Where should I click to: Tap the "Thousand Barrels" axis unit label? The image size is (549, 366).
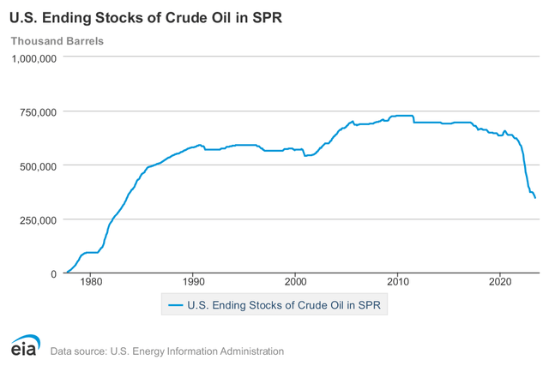pos(56,41)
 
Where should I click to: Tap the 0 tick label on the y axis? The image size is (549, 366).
pos(53,273)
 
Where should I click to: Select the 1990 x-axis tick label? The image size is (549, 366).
pos(193,281)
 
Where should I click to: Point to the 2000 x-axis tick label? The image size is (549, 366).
pos(295,281)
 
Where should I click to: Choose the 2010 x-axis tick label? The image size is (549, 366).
pos(397,281)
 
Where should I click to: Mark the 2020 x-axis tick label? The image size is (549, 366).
pos(500,281)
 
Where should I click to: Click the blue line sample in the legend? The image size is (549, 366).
pos(176,304)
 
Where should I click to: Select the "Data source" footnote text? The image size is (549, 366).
pos(167,351)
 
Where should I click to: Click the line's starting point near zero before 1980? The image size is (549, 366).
pos(66,273)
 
